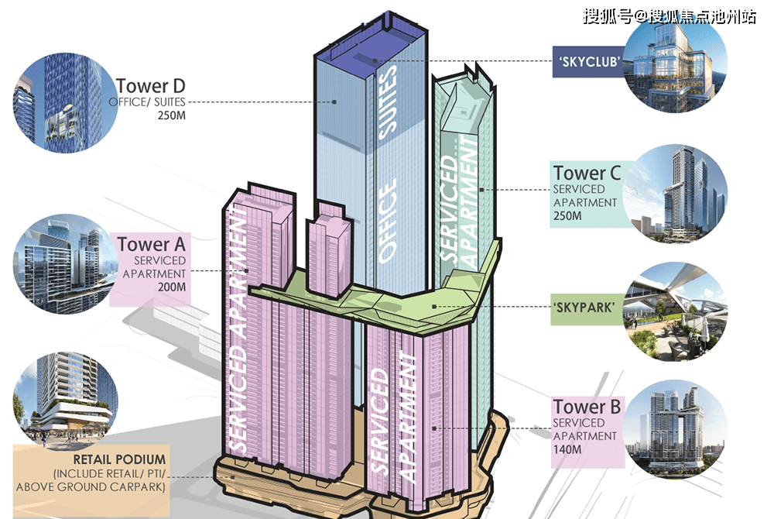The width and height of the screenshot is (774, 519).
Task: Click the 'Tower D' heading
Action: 151,86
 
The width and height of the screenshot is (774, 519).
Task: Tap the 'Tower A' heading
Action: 151,244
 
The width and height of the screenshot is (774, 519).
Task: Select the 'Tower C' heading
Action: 587,173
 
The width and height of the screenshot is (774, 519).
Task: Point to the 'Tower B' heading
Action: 587,407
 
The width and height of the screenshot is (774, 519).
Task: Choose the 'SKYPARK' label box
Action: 587,308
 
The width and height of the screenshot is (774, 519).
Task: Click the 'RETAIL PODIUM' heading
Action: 119,459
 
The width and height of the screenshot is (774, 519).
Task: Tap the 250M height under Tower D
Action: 171,115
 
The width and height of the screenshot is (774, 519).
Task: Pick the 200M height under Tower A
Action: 171,287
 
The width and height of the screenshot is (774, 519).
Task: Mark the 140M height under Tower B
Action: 567,449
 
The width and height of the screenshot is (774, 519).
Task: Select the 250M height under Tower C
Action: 567,216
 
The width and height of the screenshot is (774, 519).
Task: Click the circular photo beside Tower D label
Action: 65,103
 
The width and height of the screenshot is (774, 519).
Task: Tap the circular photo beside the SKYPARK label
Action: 675,311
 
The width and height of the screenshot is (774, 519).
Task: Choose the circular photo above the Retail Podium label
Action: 65,400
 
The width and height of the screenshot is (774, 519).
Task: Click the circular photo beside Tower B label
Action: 675,429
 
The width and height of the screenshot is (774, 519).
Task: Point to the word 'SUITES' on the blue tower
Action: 387,101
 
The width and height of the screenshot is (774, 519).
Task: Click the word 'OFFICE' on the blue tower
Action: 387,220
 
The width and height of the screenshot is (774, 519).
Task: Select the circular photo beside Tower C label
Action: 675,194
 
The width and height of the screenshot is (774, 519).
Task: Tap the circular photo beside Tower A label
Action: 65,263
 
